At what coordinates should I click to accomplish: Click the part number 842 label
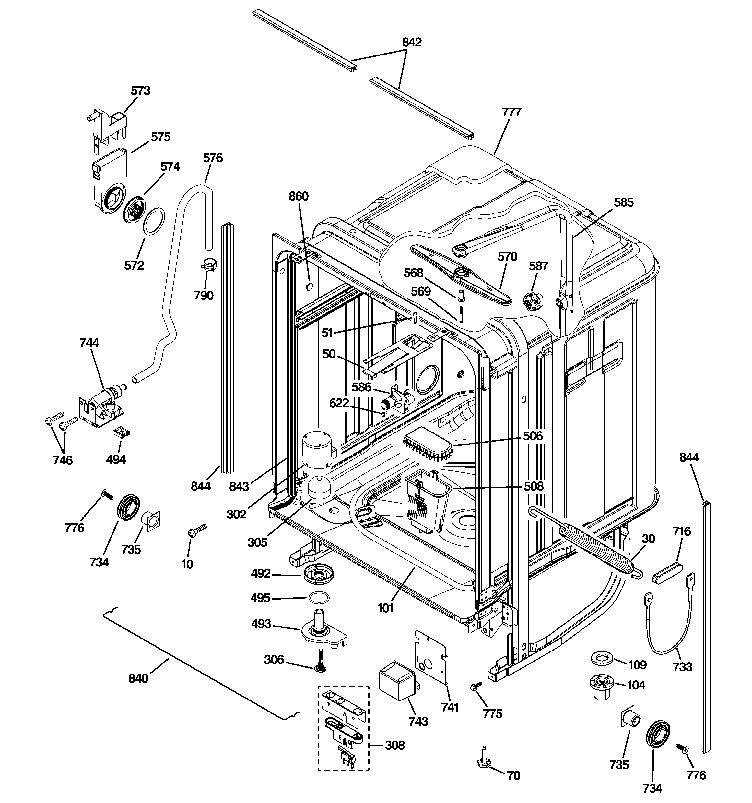click(x=412, y=42)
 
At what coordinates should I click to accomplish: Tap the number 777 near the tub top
click(x=511, y=112)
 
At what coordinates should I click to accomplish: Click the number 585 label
click(x=624, y=202)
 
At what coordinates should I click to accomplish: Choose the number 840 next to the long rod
click(x=138, y=679)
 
